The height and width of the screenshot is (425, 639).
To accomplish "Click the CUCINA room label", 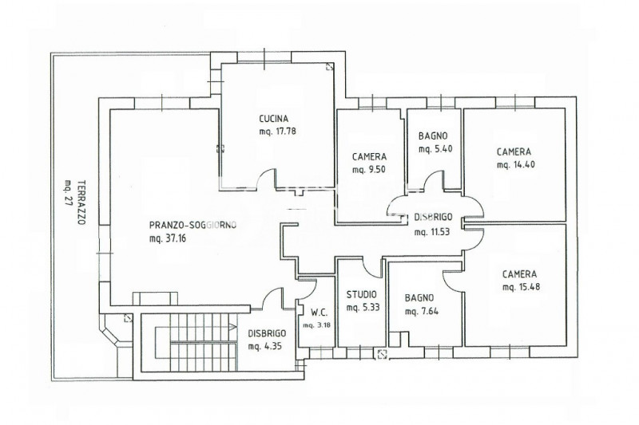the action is pos(274,119).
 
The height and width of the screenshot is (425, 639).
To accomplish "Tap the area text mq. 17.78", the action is pos(277,132).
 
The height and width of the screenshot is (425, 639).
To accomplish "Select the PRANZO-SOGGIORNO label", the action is pos(192,225).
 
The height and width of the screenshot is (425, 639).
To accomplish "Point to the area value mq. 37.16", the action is pos(168,238).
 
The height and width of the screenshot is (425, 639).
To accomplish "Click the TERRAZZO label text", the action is pos(81,203).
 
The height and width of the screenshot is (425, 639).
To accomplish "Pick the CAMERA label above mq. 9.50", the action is pos(369,156).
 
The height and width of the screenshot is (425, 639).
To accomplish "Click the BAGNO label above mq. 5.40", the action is pos(433,136).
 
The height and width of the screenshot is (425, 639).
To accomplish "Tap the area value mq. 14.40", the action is pos(515,165).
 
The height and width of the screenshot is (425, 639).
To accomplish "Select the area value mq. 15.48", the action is pos(522,287).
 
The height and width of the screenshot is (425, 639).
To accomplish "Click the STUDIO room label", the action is pos(362,294).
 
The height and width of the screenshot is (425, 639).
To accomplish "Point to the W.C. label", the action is pos(319,313).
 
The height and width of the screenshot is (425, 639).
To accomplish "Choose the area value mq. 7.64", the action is pos(422,312).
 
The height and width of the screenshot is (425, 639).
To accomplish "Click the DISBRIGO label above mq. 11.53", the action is pos(433,217).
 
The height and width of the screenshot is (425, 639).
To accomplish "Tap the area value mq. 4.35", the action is pos(265,346).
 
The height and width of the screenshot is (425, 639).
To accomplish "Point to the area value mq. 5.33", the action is pos(363,308).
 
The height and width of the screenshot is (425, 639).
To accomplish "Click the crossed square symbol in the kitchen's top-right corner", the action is pos(329,67).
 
